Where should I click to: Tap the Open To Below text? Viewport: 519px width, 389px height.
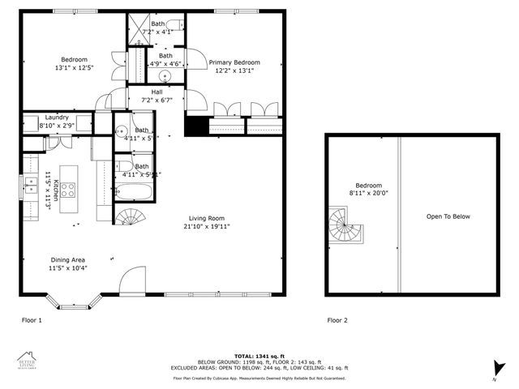tap(448, 216)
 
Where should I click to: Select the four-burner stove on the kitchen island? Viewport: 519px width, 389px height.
tap(69, 190)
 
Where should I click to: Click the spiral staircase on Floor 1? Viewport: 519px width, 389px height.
tap(128, 218)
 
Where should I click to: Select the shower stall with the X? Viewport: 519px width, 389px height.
tap(139, 25)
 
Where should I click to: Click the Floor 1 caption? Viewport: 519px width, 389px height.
tap(32, 320)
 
